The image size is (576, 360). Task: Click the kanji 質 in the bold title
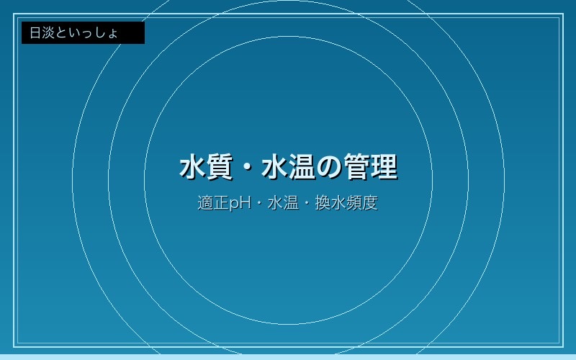[220, 167]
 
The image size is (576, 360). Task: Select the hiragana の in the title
[330, 168]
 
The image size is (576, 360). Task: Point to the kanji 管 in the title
[357, 167]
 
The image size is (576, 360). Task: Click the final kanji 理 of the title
[384, 167]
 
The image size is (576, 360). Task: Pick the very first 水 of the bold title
[192, 167]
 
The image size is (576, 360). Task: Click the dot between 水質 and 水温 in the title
[247, 168]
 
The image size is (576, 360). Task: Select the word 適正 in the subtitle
[213, 203]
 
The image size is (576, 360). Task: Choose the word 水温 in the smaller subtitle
[283, 203]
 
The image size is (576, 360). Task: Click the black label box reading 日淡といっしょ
[83, 32]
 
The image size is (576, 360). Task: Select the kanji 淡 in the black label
[49, 32]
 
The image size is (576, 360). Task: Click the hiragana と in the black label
[62, 32]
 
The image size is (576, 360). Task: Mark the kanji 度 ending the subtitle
[370, 203]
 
